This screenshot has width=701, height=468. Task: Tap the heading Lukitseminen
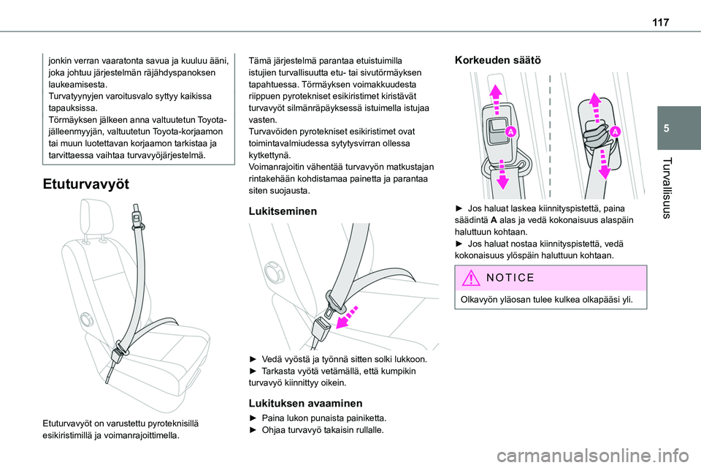(283, 211)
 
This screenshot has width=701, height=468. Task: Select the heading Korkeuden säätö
(497, 61)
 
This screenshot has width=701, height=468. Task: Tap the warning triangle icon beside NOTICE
(470, 278)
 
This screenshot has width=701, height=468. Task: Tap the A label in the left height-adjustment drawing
(510, 132)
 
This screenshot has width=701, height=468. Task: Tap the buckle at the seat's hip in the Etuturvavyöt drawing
(116, 357)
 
